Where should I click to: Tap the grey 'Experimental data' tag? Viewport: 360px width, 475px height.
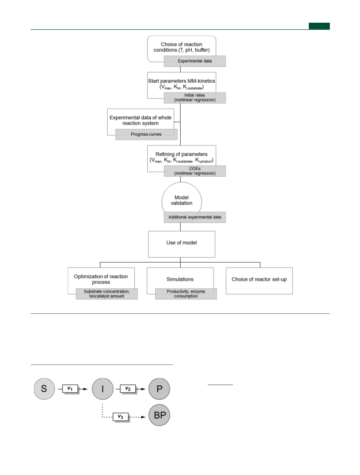click(x=194, y=61)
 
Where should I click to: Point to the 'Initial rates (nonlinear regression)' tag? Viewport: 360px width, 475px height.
click(x=194, y=97)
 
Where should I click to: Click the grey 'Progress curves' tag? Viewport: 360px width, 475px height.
click(x=146, y=134)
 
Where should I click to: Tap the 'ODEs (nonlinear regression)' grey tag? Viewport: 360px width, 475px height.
click(x=194, y=171)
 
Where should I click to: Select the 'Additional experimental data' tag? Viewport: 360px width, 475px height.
click(x=194, y=217)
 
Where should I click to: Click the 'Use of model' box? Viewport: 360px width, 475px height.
click(x=182, y=244)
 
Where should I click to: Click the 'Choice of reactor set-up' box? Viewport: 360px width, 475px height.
click(x=259, y=281)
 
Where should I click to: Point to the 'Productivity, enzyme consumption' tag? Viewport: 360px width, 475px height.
click(x=186, y=294)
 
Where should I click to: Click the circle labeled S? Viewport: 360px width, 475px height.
click(x=44, y=389)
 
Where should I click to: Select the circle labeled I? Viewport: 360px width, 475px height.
click(x=103, y=389)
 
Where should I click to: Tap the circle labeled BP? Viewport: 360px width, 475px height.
click(x=159, y=415)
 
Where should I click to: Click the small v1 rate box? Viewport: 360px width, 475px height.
click(x=70, y=389)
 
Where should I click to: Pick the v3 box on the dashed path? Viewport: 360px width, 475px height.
click(x=121, y=417)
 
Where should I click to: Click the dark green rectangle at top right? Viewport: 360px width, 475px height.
click(x=319, y=26)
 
